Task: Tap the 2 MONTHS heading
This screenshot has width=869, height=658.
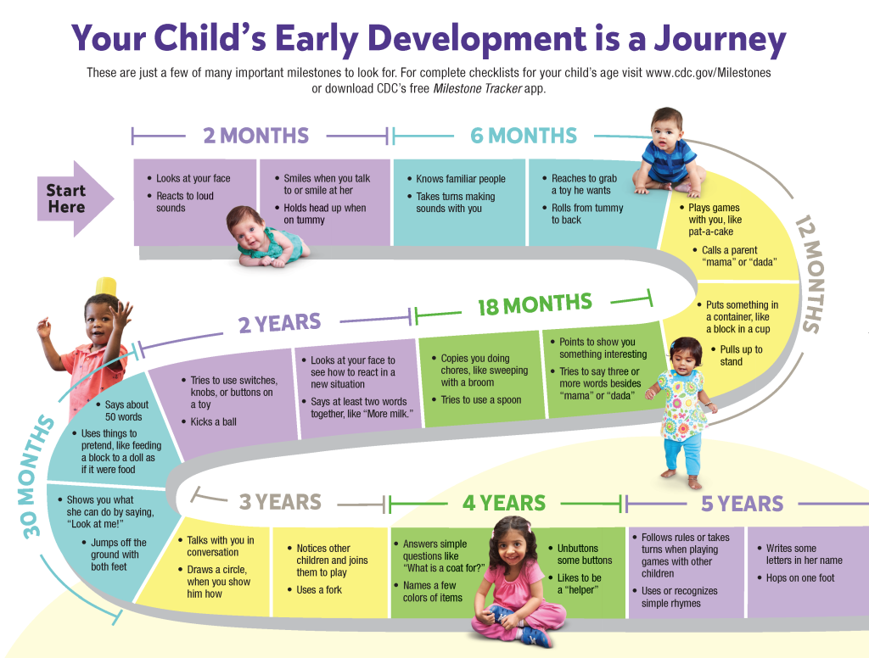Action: click(x=256, y=136)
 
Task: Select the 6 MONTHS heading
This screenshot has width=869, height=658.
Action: click(x=524, y=136)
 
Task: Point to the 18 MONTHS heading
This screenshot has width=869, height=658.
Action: click(x=535, y=304)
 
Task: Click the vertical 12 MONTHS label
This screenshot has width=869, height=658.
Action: click(x=808, y=274)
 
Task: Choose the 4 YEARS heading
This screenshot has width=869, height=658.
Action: click(x=504, y=503)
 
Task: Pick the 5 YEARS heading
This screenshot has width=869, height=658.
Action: click(x=743, y=504)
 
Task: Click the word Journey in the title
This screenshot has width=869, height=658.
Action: click(x=720, y=40)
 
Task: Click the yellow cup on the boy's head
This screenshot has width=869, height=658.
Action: click(x=106, y=287)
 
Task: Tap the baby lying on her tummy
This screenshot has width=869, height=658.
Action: click(x=266, y=237)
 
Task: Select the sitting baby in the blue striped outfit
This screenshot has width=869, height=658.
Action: click(x=670, y=153)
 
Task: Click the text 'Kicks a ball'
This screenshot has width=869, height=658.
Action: click(x=213, y=422)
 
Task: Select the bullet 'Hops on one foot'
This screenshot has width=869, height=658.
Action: click(x=799, y=578)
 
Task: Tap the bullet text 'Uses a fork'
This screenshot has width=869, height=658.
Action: click(x=319, y=590)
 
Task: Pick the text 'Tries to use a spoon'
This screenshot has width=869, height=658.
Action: click(x=481, y=400)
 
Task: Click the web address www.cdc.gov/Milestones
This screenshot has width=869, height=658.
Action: click(x=709, y=73)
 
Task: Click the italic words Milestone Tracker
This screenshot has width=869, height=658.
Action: click(x=478, y=89)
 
